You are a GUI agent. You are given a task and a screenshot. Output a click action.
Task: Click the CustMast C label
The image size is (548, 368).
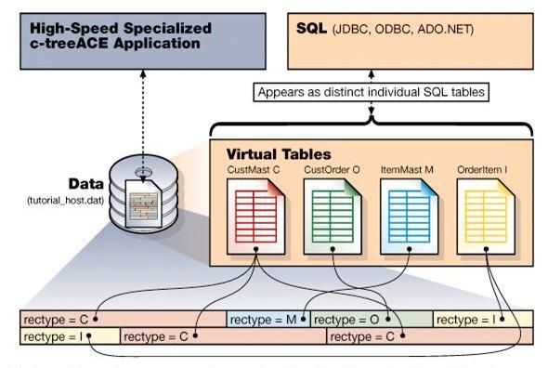tap(254, 170)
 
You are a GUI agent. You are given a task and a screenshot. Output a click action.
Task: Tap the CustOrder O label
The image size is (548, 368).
tap(331, 170)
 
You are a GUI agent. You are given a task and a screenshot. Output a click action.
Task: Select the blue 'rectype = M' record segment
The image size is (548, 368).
tap(267, 320)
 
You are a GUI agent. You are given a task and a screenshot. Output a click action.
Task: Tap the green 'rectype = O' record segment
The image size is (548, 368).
tap(370, 320)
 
